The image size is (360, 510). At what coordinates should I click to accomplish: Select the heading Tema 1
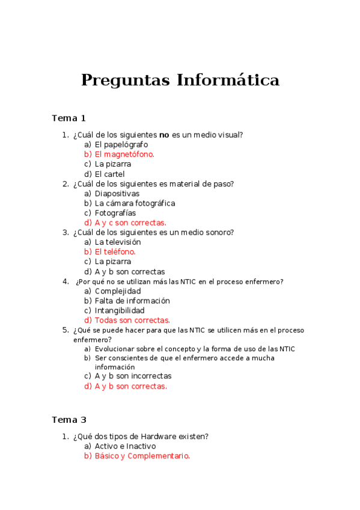pos(69,118)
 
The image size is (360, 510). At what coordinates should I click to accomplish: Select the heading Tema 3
pos(69,419)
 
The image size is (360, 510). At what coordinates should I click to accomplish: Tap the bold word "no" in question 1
pos(163,135)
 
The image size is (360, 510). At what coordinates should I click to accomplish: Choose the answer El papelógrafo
pos(121,144)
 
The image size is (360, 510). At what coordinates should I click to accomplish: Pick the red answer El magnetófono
pos(124,154)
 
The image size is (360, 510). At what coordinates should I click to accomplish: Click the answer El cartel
pos(109,174)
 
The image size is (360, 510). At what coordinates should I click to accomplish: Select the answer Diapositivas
pos(117,194)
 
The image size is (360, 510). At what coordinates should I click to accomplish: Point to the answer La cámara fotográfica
pos(135,203)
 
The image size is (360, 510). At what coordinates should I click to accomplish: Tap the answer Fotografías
pos(115,213)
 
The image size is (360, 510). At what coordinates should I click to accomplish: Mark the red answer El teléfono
pos(115,252)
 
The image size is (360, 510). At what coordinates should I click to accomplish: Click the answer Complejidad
pos(118,291)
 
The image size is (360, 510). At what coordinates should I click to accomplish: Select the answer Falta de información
pos(132,301)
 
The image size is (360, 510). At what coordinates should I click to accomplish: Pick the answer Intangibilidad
pos(120,310)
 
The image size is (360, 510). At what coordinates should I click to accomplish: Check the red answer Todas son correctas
pos(132,321)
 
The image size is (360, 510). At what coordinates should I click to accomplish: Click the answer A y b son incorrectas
pos(133,376)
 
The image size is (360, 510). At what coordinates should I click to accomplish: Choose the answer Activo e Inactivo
pos(125,446)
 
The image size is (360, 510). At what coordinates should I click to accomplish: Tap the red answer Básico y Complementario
pos(142,456)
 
